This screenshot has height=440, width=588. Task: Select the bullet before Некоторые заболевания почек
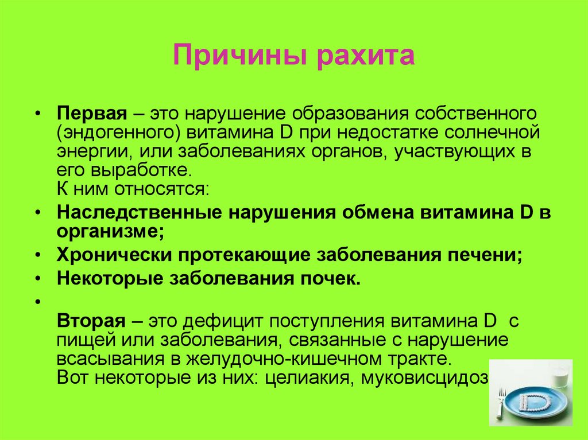pos(38,278)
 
